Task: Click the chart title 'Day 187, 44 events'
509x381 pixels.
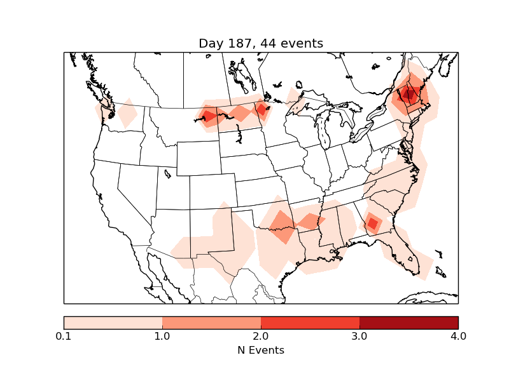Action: (x=261, y=43)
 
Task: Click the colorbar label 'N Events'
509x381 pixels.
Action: (x=261, y=350)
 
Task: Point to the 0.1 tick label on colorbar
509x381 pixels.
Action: (x=64, y=336)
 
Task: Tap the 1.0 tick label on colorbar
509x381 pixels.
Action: (x=162, y=336)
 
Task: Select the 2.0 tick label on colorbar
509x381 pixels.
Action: (x=261, y=336)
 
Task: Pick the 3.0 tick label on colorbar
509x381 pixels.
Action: (x=359, y=336)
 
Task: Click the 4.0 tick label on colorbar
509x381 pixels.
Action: (x=458, y=336)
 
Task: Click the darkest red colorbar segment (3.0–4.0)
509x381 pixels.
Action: (x=408, y=322)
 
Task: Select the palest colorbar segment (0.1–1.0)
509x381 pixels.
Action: (x=113, y=322)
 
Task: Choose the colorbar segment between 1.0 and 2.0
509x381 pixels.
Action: (x=211, y=322)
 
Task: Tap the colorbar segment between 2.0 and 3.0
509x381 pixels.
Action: (x=310, y=322)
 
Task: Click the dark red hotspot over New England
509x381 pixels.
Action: (x=409, y=96)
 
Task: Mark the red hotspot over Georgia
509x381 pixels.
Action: (x=372, y=224)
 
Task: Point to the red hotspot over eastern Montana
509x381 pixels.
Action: (x=208, y=116)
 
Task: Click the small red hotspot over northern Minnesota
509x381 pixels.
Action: (x=261, y=109)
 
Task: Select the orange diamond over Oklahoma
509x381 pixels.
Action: (x=281, y=222)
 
